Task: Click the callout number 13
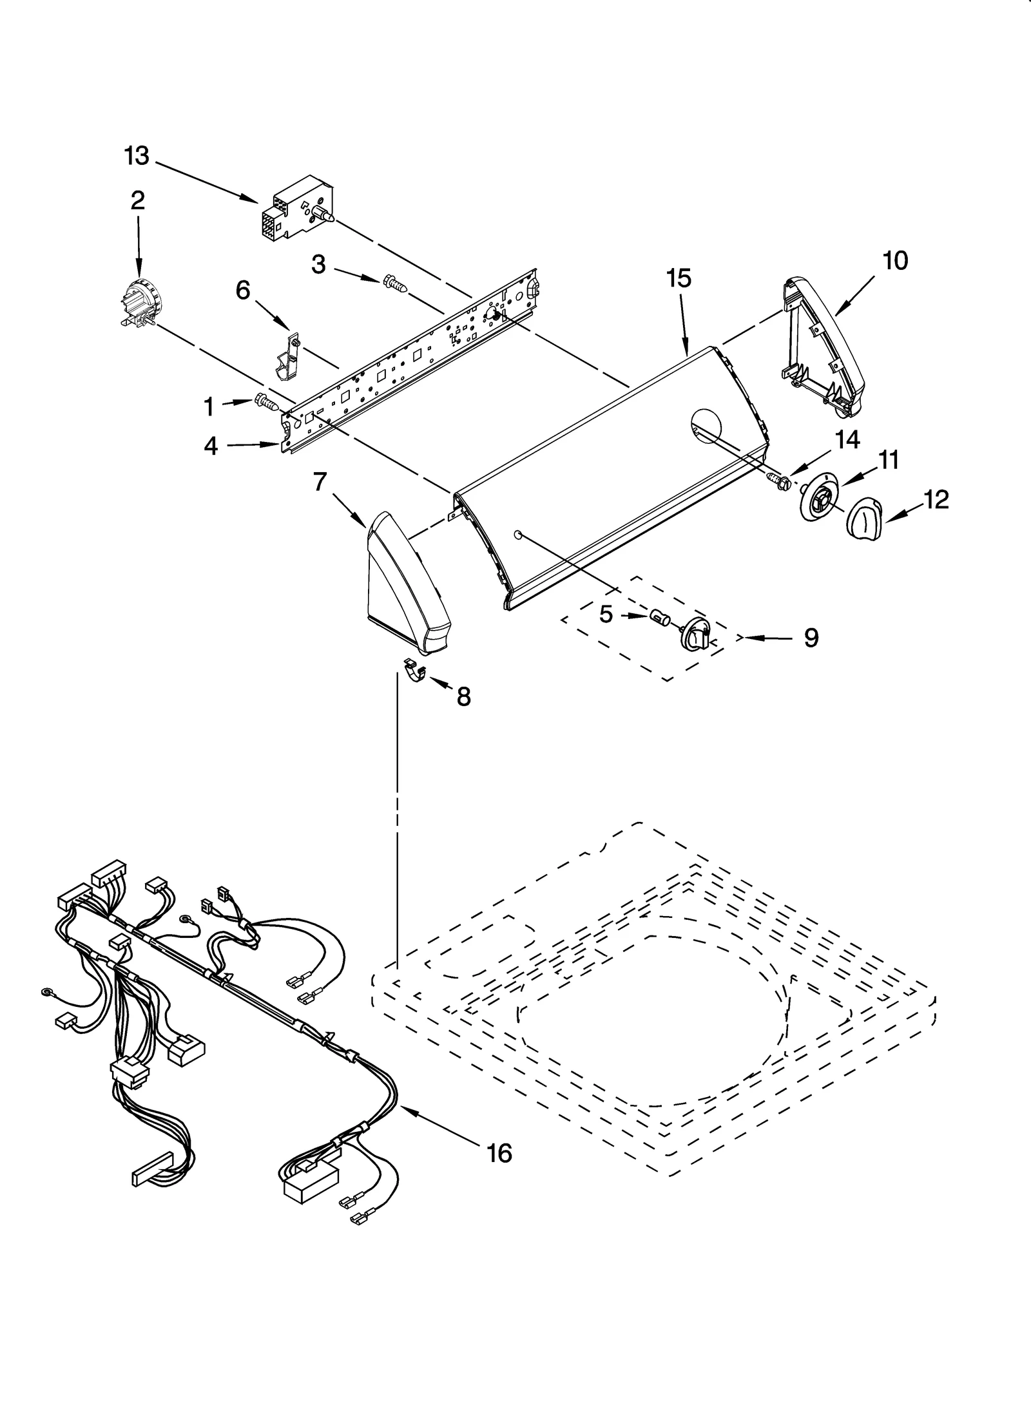[x=137, y=156]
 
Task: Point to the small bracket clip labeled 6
[x=285, y=358]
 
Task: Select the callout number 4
[x=211, y=446]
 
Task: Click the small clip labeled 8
[x=416, y=671]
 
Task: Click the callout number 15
[x=679, y=278]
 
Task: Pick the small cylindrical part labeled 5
[x=659, y=618]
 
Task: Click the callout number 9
[x=811, y=638]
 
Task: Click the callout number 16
[x=499, y=1152]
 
